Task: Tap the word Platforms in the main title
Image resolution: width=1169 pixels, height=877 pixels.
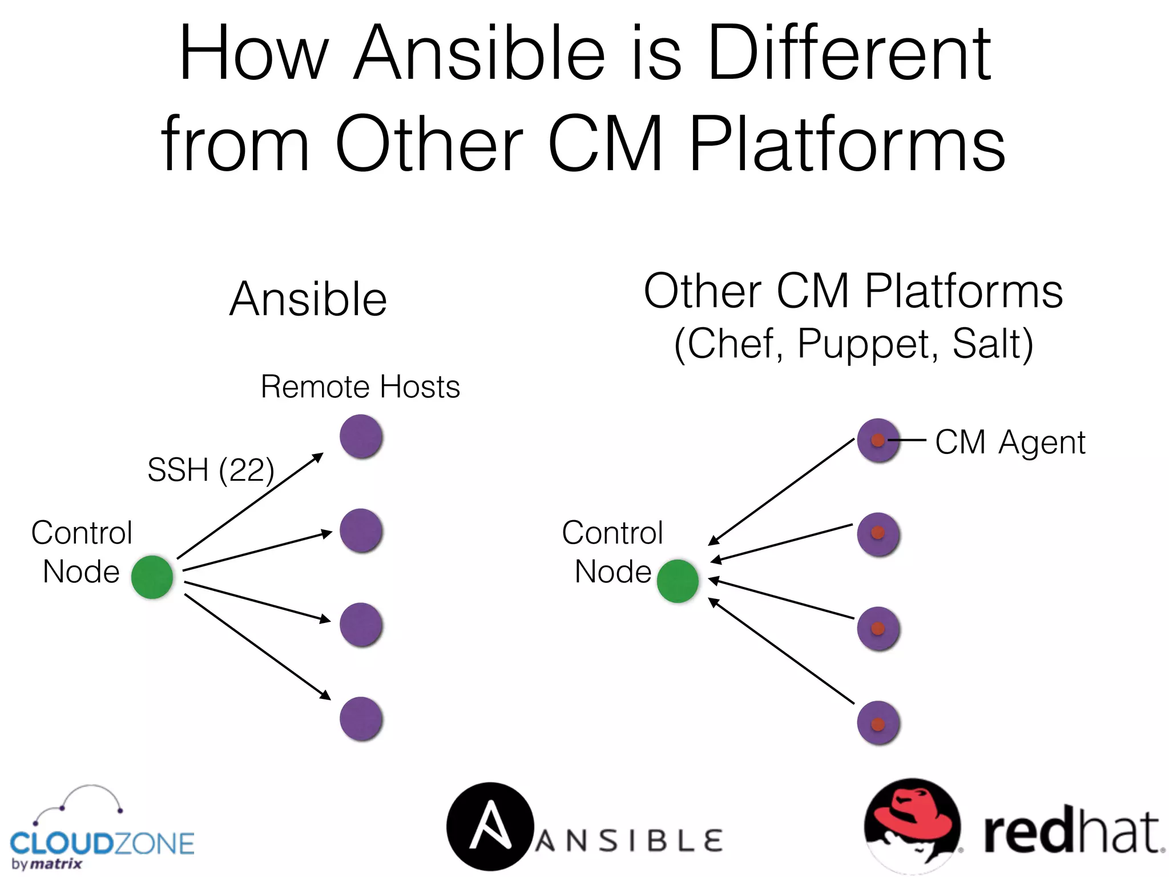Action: (846, 146)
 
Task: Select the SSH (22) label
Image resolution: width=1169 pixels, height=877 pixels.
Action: (211, 470)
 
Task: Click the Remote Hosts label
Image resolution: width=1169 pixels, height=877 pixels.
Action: (360, 387)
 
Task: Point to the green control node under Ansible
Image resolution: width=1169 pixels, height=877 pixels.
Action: (152, 577)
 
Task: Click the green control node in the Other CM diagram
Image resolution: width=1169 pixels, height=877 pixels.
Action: (678, 581)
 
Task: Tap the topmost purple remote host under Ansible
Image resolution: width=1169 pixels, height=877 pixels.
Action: (361, 436)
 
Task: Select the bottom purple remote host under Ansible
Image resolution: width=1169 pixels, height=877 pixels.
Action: (361, 718)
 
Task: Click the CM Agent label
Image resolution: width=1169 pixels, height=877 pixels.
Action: (1010, 442)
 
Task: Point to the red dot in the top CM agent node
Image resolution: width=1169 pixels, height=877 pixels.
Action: (878, 440)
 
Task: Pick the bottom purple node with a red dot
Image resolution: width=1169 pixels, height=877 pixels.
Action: (878, 723)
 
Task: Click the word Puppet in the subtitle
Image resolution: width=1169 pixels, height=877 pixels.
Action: (867, 344)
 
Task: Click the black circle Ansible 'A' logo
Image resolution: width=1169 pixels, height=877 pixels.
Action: (490, 826)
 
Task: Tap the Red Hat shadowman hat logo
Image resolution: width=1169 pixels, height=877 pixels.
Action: (912, 822)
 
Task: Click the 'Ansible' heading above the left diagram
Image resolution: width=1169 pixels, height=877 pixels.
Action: (308, 299)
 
